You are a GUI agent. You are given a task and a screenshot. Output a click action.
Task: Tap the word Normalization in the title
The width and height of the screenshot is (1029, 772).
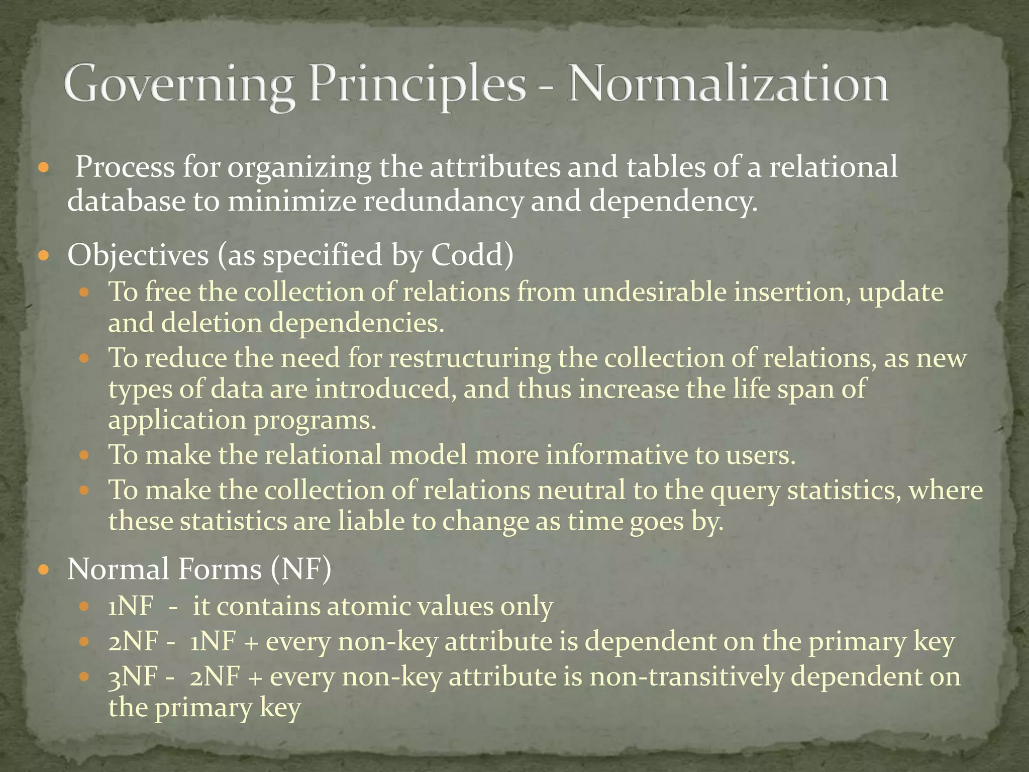(x=728, y=84)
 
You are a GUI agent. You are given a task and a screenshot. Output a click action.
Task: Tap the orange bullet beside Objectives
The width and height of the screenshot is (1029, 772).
(x=44, y=256)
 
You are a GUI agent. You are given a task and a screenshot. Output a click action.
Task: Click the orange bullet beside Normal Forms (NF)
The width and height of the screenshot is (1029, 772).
(x=44, y=570)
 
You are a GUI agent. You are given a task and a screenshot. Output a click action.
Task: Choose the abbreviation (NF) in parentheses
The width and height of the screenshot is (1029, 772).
(x=300, y=569)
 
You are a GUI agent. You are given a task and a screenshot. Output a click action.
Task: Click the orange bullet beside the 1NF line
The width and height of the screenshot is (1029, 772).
(x=84, y=607)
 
